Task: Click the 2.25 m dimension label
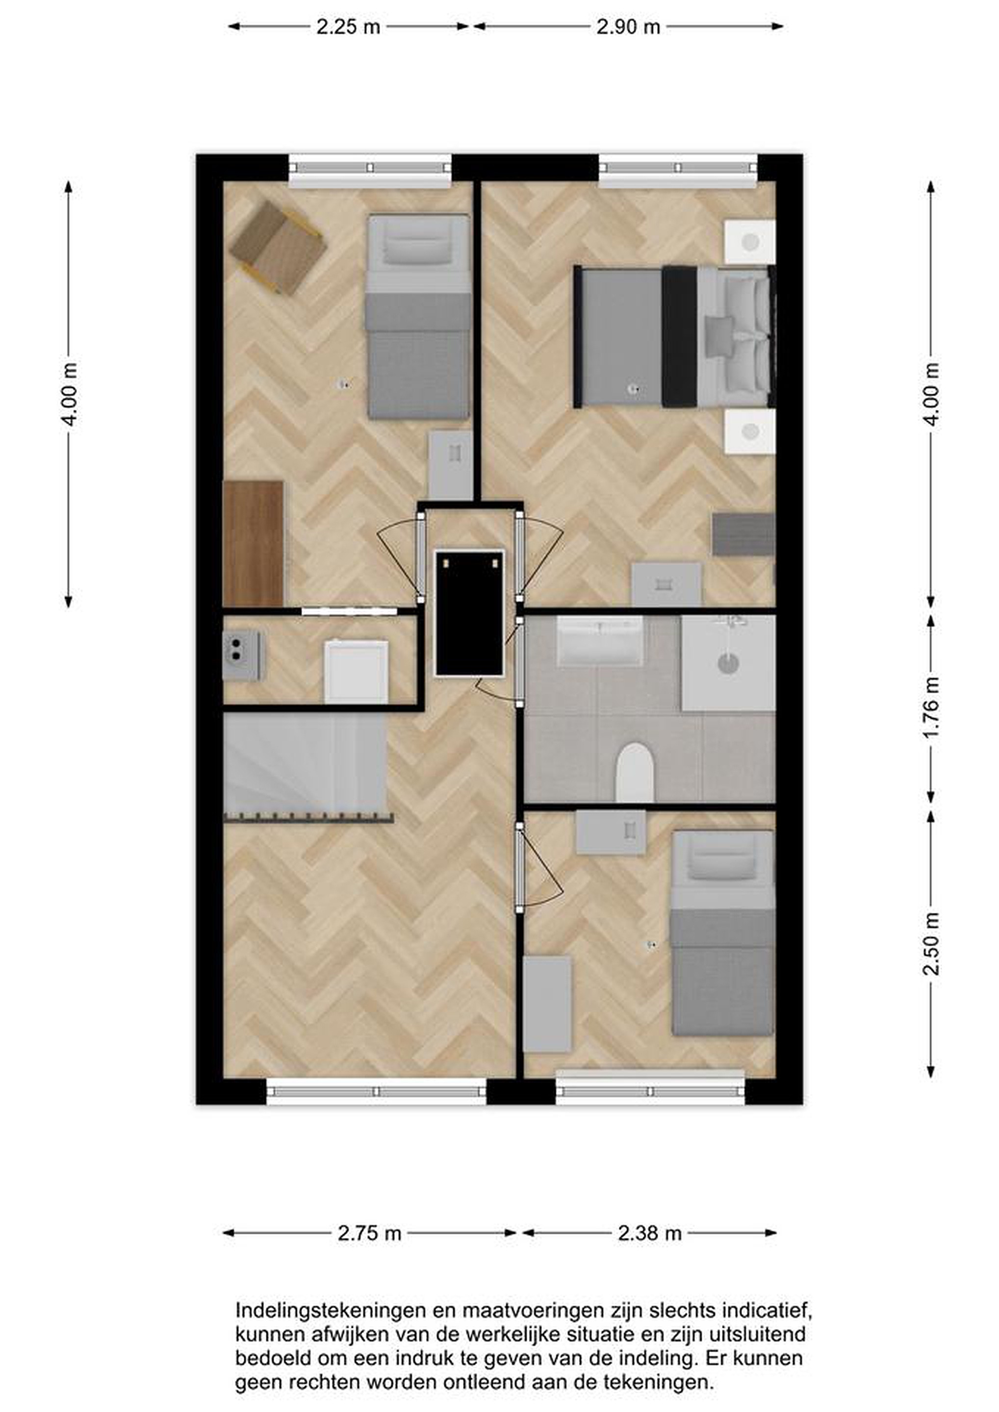click(x=348, y=27)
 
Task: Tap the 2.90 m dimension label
click(x=628, y=27)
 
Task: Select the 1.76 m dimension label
click(x=931, y=710)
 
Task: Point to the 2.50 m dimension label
click(x=931, y=947)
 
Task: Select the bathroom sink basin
click(x=600, y=641)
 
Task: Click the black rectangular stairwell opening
click(x=469, y=614)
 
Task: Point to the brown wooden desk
click(x=254, y=544)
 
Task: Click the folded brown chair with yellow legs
click(x=278, y=248)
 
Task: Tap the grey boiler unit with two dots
click(x=241, y=656)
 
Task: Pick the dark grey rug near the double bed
click(x=743, y=535)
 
